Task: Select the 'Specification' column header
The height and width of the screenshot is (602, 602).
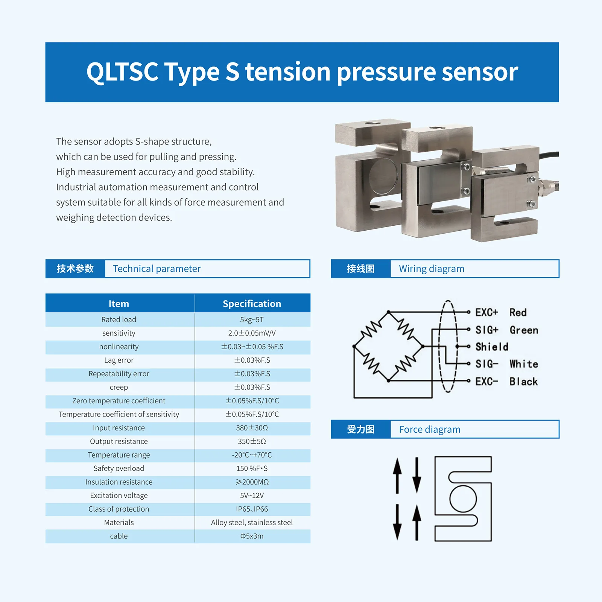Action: point(252,304)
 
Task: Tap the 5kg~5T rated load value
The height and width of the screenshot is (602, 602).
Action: point(252,319)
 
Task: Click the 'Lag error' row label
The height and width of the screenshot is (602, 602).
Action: point(119,360)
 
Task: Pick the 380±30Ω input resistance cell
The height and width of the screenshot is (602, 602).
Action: point(252,428)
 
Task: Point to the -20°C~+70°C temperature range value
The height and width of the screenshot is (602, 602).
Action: point(252,455)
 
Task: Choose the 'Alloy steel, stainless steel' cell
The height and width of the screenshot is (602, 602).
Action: point(252,523)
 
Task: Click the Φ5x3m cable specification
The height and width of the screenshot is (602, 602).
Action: point(252,536)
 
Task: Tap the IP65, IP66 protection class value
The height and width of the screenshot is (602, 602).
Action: point(252,509)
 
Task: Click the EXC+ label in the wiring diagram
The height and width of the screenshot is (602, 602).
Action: point(486,312)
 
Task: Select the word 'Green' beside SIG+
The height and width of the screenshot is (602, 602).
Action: point(524,330)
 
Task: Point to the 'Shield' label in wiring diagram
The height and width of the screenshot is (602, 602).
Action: point(491,347)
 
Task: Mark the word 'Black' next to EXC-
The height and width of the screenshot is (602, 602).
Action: point(523,382)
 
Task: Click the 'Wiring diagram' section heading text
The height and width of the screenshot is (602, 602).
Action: point(432,269)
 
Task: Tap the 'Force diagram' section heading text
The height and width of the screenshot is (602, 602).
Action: point(429,429)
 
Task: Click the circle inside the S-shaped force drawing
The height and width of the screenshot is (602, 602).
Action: point(463,499)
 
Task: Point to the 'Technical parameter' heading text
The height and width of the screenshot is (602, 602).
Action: point(157,269)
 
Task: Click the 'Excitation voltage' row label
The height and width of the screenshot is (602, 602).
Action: point(119,496)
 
